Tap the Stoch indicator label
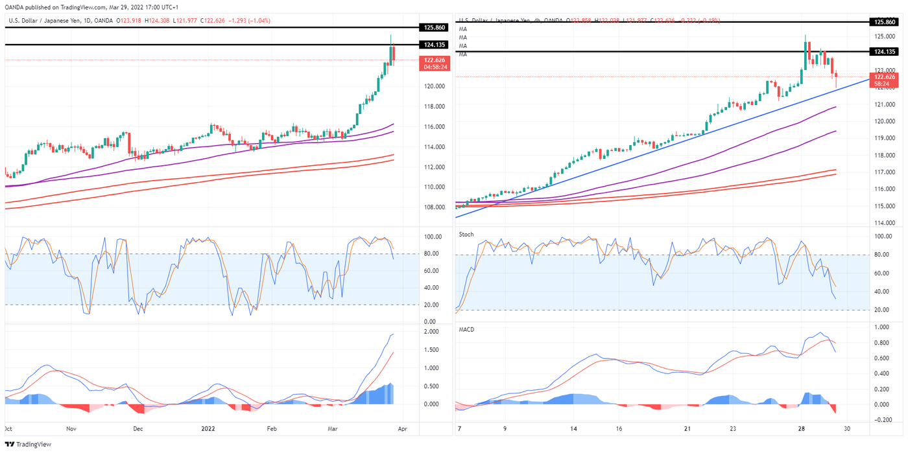pyautogui.click(x=466, y=234)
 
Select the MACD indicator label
pyautogui.click(x=467, y=330)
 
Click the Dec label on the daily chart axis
pyautogui.click(x=137, y=429)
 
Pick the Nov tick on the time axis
pyautogui.click(x=71, y=429)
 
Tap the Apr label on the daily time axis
pyautogui.click(x=403, y=429)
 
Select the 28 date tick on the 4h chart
pyautogui.click(x=801, y=429)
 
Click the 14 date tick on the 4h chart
pyautogui.click(x=573, y=429)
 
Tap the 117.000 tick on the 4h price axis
pyautogui.click(x=885, y=172)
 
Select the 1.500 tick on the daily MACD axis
pyautogui.click(x=431, y=350)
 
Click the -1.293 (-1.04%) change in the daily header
pyautogui.click(x=249, y=21)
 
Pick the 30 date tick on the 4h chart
pyautogui.click(x=866, y=429)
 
